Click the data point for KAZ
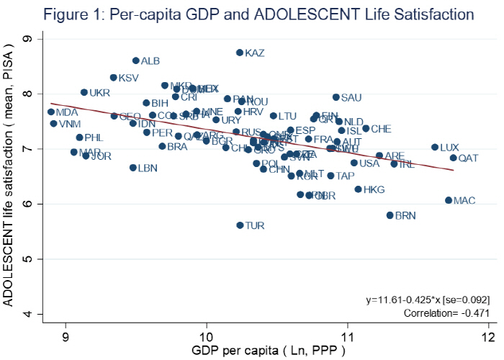coord(240,53)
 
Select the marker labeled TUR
coord(240,225)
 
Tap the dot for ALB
coord(135,60)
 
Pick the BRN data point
coord(390,215)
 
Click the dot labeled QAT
coord(454,158)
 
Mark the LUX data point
coord(435,147)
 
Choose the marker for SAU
coord(336,97)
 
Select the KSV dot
coord(114,78)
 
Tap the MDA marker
coord(51,112)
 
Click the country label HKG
coord(374,190)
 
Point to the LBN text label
coord(148,168)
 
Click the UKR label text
coord(100,94)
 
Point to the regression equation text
coord(428,298)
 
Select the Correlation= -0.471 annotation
coord(446,313)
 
